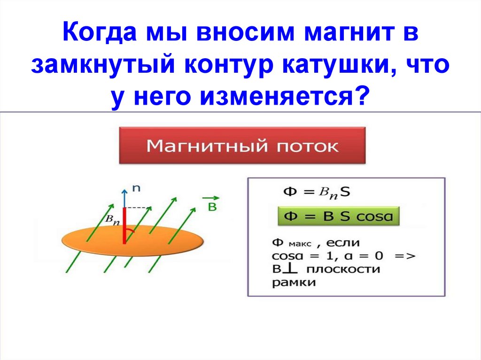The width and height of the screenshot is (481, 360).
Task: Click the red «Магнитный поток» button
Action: click(x=242, y=145)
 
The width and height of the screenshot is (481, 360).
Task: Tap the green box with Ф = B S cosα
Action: click(x=338, y=217)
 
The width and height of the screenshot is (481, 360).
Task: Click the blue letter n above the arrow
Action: click(x=136, y=188)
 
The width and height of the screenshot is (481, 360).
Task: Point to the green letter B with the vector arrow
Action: click(x=212, y=206)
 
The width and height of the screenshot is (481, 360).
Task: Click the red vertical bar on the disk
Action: click(x=124, y=226)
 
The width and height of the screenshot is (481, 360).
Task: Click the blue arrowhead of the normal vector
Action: click(x=124, y=191)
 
